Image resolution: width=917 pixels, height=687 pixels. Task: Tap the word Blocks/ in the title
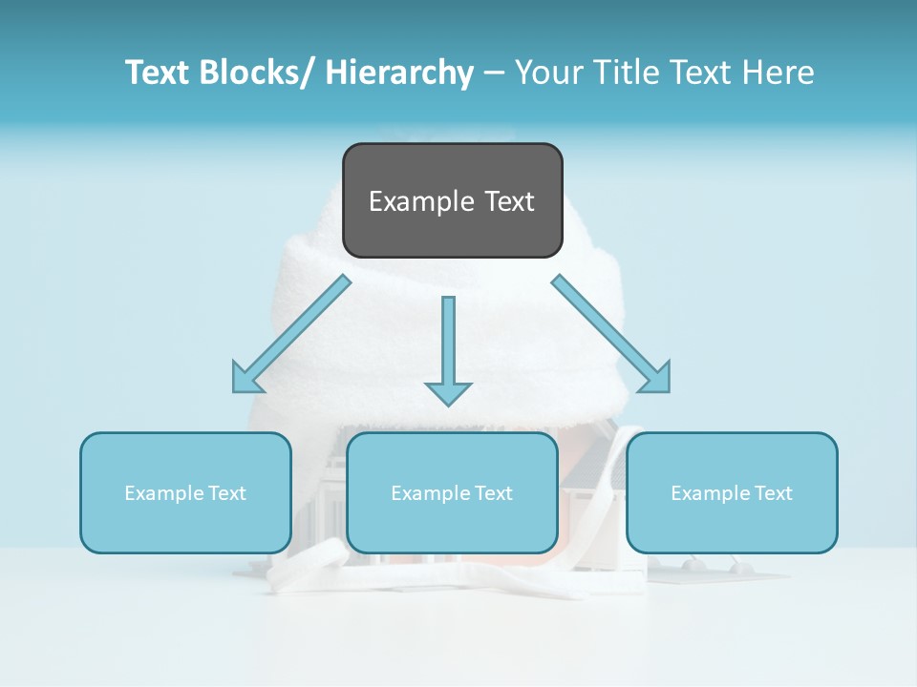tap(258, 73)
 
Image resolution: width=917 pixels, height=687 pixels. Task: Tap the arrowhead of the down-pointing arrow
tap(448, 392)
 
